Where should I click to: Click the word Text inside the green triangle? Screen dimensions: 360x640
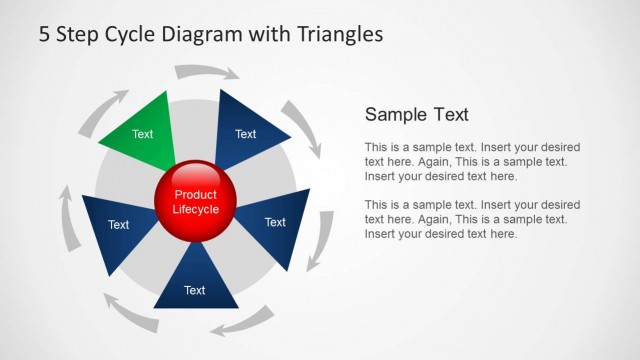(x=143, y=134)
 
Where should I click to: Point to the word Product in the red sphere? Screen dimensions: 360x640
(x=195, y=195)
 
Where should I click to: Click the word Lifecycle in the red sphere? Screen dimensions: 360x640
(x=195, y=210)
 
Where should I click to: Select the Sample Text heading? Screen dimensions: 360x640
(x=416, y=114)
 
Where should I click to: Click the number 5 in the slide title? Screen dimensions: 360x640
(x=45, y=35)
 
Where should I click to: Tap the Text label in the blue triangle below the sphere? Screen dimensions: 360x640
(x=195, y=291)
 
